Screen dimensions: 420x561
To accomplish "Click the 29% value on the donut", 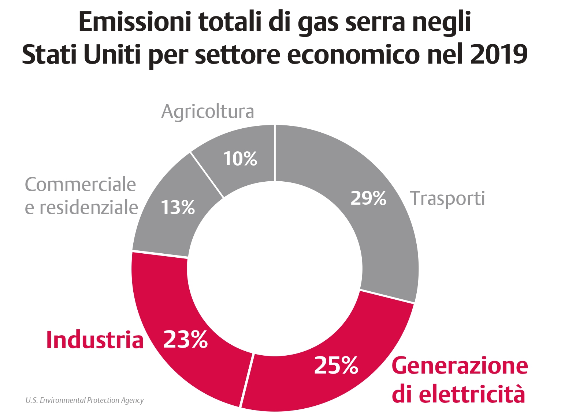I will pos(368,198).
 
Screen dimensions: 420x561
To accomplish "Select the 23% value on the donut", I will pos(185,339).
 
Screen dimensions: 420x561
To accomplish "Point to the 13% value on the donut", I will pos(178,207).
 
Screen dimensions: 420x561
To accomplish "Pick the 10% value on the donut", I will pos(240,159).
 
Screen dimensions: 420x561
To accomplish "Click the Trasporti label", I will pos(447,198).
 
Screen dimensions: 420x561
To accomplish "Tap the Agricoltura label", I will pos(208,111).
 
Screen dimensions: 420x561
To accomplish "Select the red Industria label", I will pos(94,340).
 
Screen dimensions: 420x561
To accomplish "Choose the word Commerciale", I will pos(81,185).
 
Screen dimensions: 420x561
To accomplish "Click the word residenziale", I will pos(89,207).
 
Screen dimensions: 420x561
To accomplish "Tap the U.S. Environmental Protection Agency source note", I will pos(85,400).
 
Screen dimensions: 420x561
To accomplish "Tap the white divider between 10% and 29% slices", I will pos(275,153).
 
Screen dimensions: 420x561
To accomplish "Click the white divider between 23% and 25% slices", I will pos(246,380).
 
